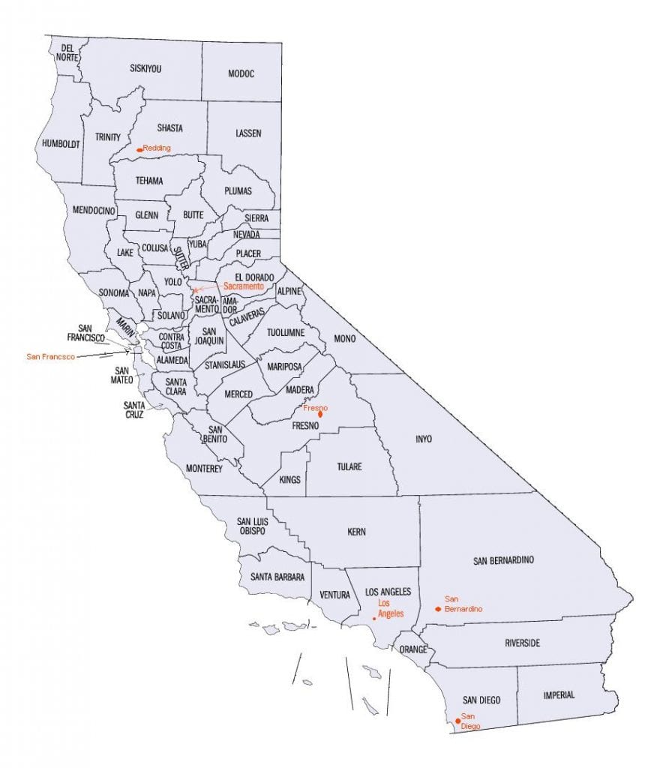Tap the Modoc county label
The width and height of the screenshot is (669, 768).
click(x=241, y=73)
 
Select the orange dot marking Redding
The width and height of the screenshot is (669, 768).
click(x=139, y=150)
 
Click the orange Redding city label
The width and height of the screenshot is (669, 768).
click(x=157, y=148)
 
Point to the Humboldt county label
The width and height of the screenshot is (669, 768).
click(x=61, y=143)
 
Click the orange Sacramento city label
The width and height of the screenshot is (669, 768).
click(x=244, y=286)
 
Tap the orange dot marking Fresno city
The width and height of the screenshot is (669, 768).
click(x=320, y=413)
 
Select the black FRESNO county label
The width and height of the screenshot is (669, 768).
click(x=306, y=426)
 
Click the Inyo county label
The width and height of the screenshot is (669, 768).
click(x=424, y=439)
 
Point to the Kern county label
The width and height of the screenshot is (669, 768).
click(x=357, y=532)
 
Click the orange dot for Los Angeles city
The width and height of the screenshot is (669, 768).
click(x=374, y=619)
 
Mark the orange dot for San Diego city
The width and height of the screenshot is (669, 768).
click(x=457, y=721)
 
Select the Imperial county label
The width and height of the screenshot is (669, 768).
click(x=559, y=695)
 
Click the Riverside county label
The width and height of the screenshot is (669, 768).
click(x=522, y=643)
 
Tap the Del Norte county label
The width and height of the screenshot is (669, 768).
click(x=64, y=52)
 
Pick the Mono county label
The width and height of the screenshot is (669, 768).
click(x=344, y=339)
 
